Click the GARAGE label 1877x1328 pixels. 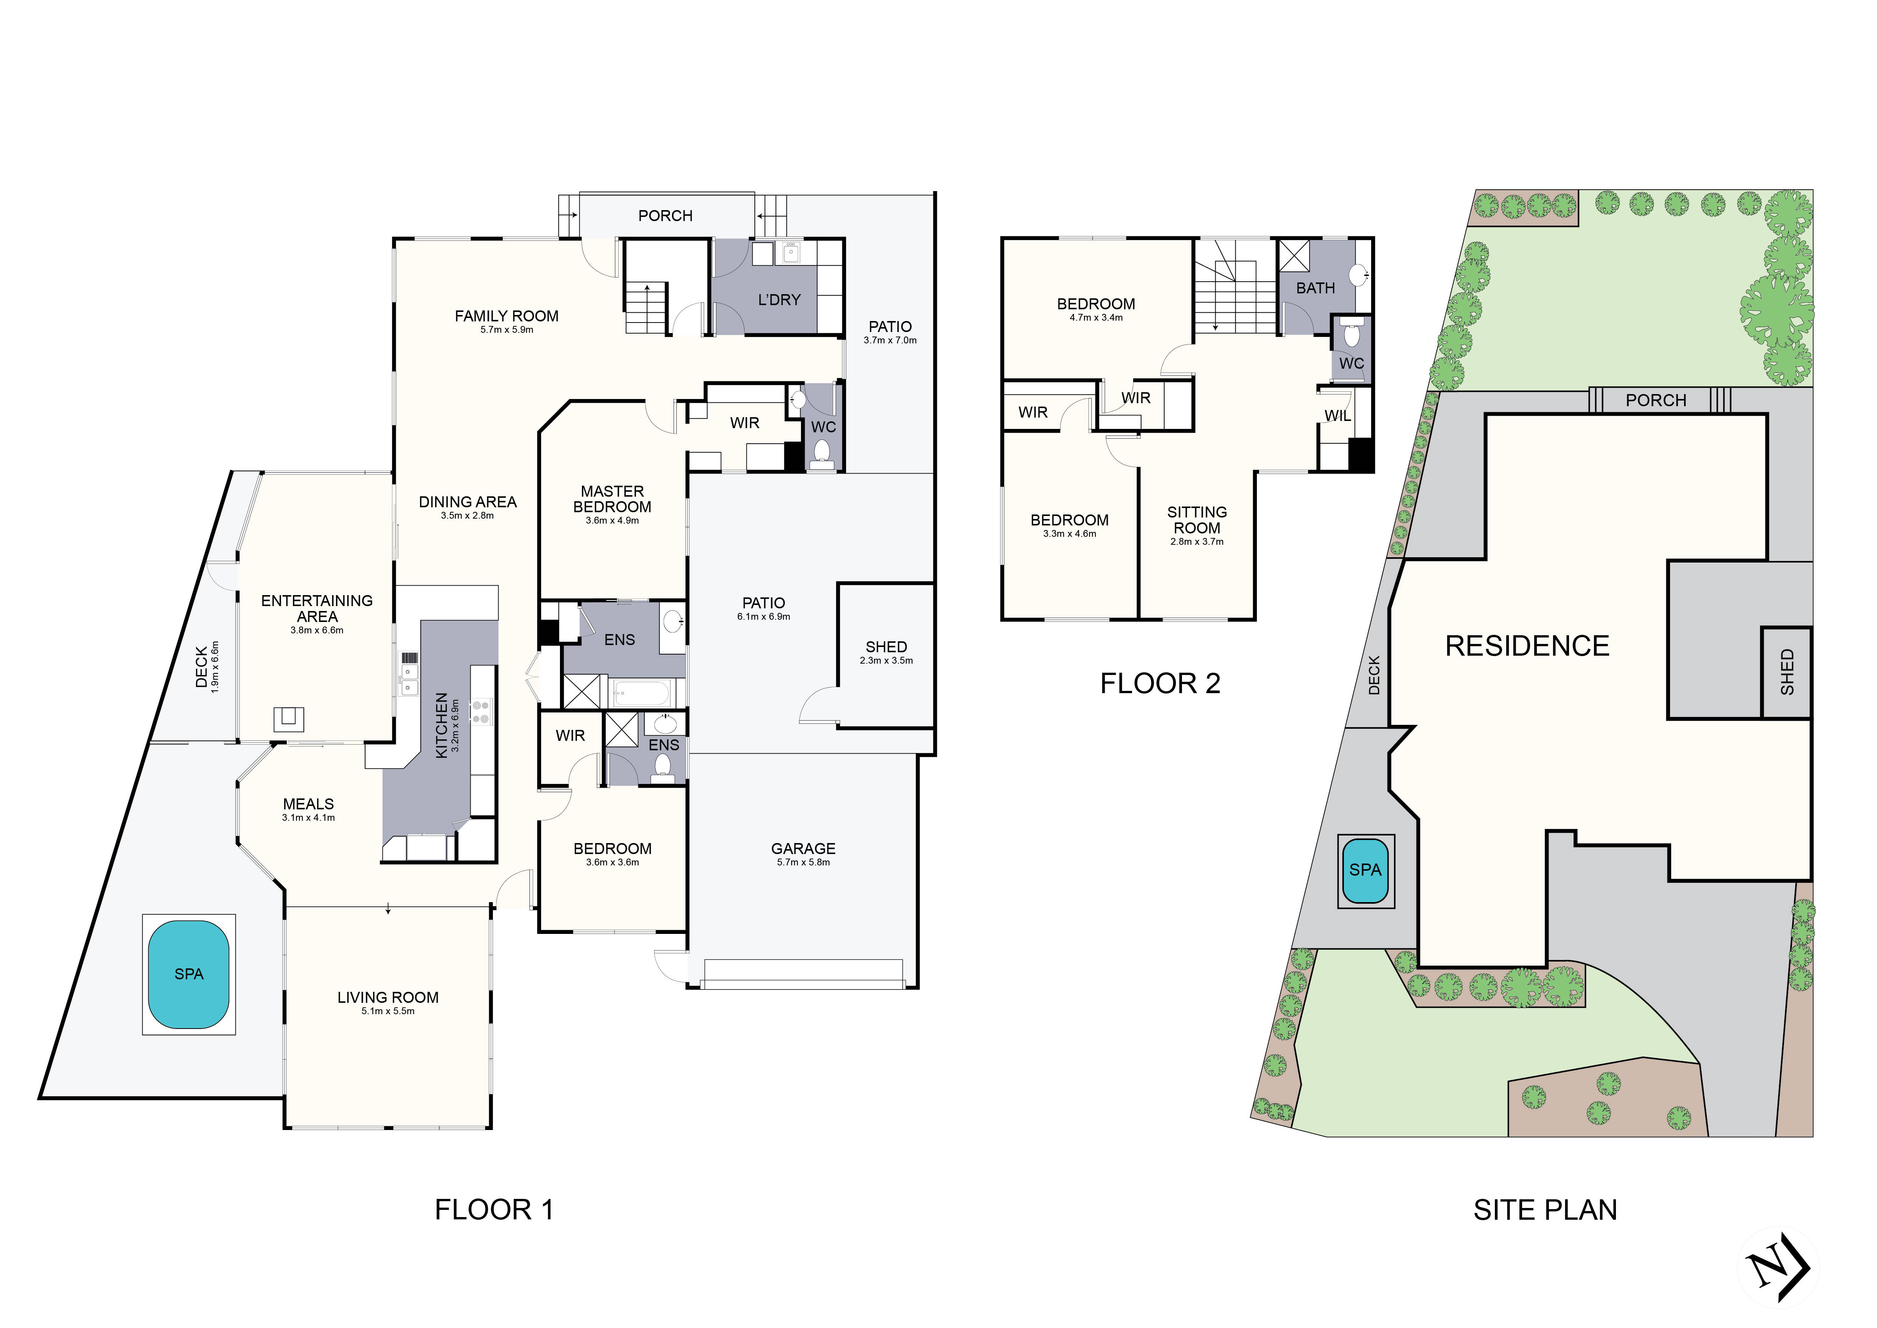(x=803, y=849)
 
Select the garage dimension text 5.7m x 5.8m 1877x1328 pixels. (x=803, y=863)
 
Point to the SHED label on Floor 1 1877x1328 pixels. (x=886, y=647)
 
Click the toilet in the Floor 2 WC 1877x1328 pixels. (x=1351, y=335)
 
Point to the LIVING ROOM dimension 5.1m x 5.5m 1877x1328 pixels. (x=387, y=1012)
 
